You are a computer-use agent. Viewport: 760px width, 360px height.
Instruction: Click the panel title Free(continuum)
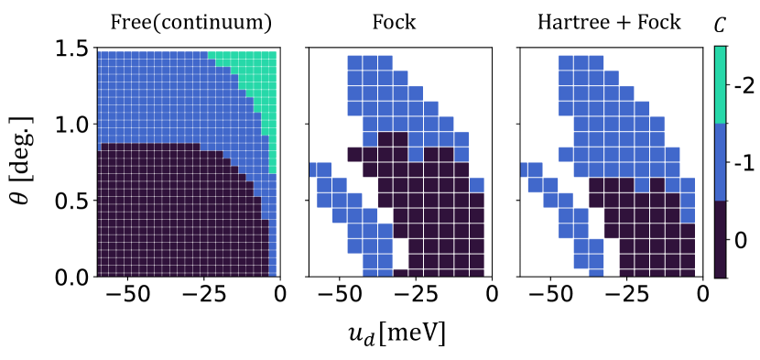coord(188,22)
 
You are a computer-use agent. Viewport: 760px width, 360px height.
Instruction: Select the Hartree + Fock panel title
coord(611,22)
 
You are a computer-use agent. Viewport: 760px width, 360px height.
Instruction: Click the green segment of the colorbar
coord(722,85)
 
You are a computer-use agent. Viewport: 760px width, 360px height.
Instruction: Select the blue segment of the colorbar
coord(722,162)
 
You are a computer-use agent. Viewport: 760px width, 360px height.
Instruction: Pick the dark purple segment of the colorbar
coord(722,238)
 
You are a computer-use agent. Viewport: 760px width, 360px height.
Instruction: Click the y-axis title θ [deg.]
coord(27,161)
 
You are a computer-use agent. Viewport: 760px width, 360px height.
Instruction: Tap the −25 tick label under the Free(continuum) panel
coord(203,297)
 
